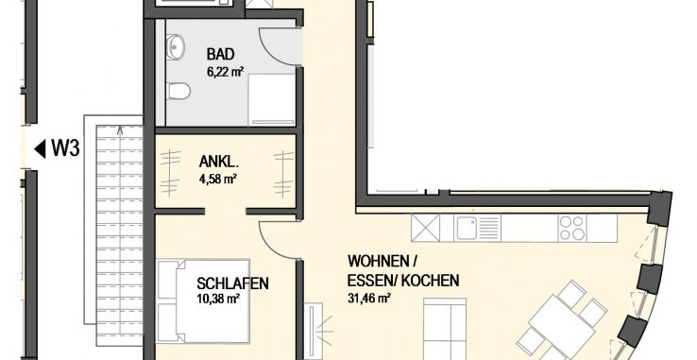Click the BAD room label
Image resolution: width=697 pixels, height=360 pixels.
(220, 55)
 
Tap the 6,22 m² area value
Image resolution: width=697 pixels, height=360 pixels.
(225, 71)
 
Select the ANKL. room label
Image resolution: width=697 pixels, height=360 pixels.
(219, 162)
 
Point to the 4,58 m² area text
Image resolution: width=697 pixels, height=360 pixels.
(217, 179)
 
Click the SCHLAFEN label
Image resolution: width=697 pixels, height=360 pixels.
(233, 283)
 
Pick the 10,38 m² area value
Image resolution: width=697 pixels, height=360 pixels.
(218, 299)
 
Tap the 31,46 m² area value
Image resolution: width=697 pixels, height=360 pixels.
(369, 298)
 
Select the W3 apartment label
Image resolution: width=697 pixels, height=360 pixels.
(66, 148)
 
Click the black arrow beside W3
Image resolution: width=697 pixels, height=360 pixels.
(41, 149)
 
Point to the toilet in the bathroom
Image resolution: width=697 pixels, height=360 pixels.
(178, 92)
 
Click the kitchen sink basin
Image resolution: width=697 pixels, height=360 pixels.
(466, 229)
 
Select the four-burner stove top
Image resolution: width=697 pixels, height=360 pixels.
(572, 228)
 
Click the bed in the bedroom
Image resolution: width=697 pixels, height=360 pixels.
(204, 301)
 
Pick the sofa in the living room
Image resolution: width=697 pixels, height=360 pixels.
(445, 329)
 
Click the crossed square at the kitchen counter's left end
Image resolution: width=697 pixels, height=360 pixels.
(425, 228)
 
